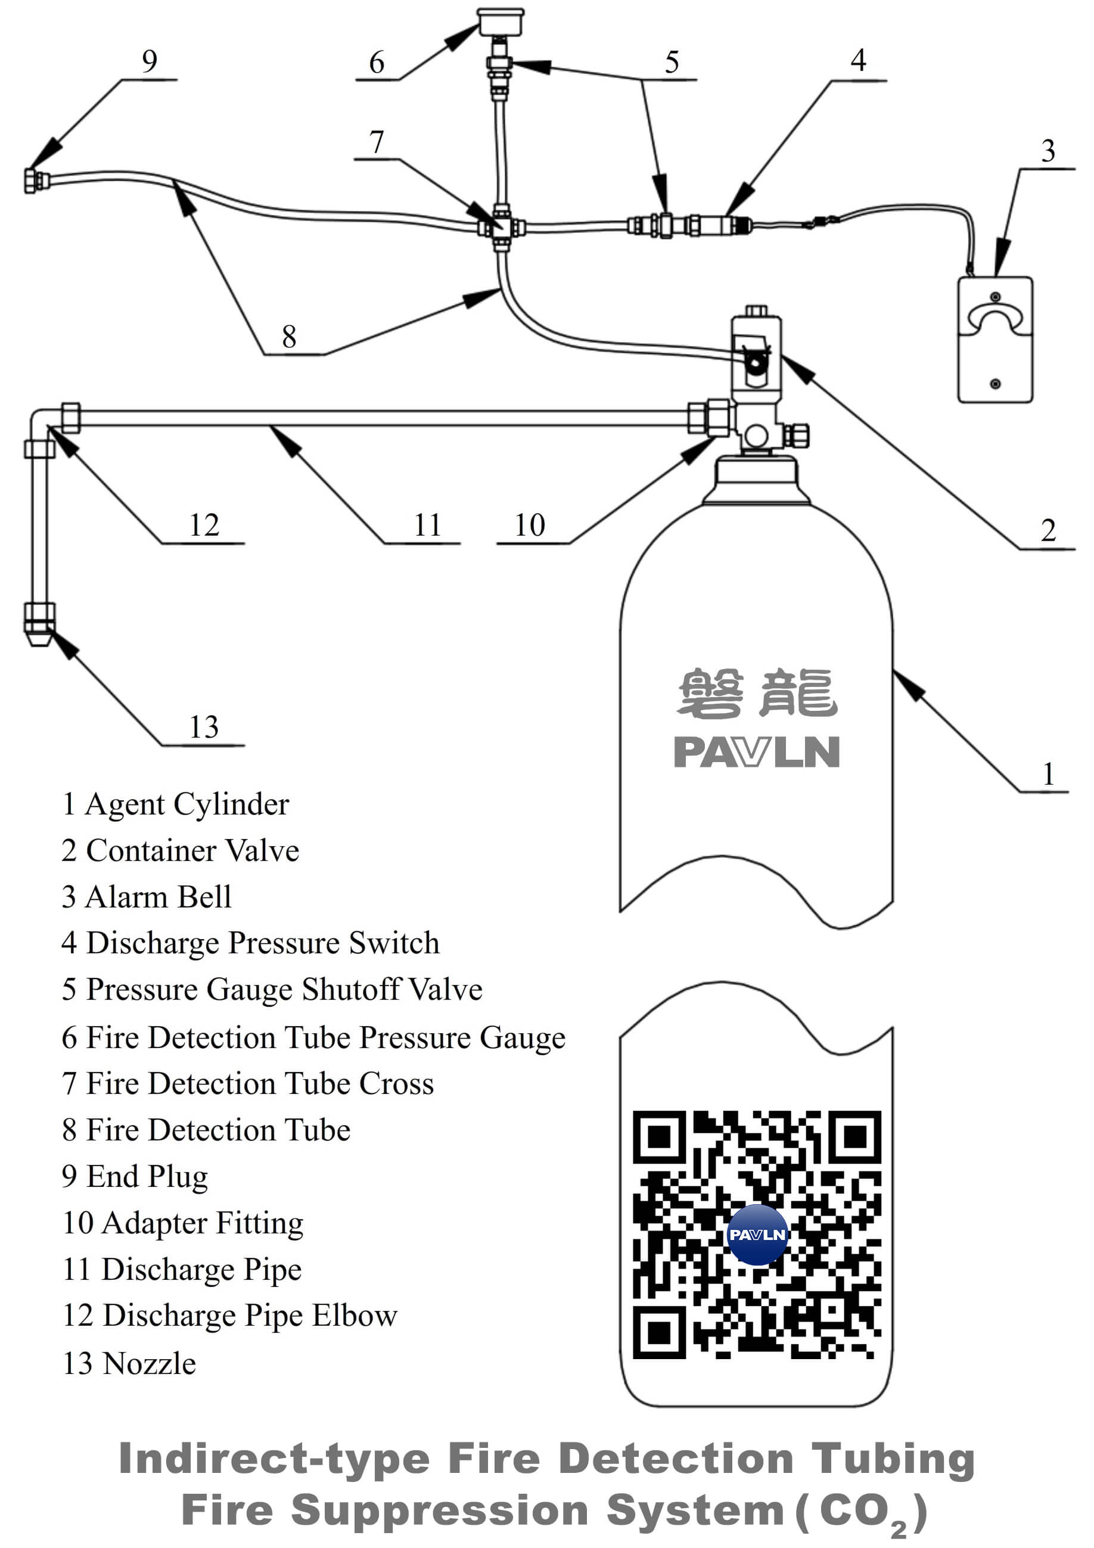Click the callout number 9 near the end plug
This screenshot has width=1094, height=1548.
[x=150, y=62]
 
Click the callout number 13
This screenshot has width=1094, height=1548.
[x=204, y=728]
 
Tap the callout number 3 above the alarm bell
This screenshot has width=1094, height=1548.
[x=1048, y=151]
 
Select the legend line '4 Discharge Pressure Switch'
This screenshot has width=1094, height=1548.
[x=250, y=943]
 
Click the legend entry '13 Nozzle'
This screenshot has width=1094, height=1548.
[x=129, y=1363]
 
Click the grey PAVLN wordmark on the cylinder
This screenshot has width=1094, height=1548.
[x=756, y=752]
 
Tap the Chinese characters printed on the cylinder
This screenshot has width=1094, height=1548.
[x=756, y=694]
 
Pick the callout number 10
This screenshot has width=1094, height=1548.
[x=529, y=525]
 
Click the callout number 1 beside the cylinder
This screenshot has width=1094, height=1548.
[x=1048, y=774]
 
